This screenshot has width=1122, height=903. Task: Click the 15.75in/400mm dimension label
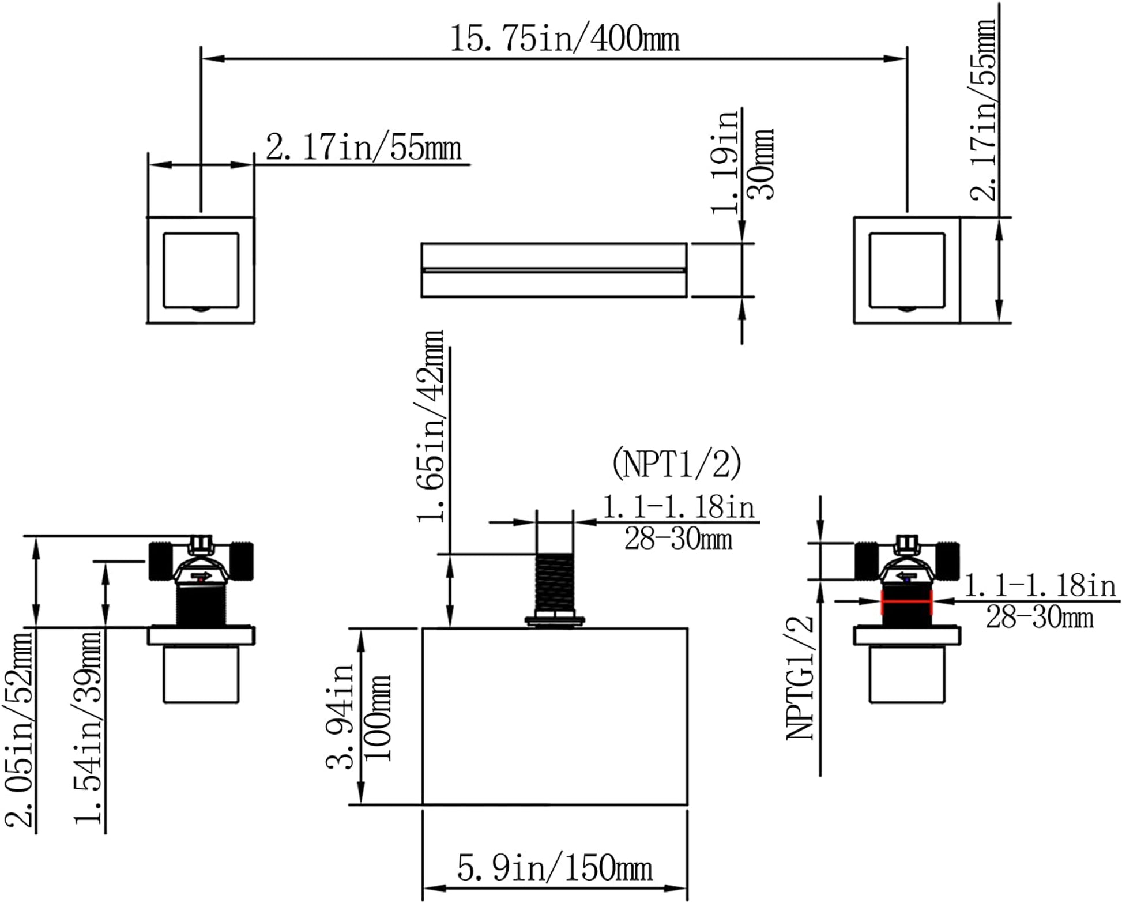tap(564, 39)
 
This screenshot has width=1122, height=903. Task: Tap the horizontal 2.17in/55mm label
tap(363, 148)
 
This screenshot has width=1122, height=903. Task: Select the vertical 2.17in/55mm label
tap(983, 110)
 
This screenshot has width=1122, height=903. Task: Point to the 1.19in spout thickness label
tap(725, 161)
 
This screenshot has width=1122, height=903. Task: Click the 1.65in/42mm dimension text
tap(431, 427)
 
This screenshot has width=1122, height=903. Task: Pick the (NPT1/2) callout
tap(676, 464)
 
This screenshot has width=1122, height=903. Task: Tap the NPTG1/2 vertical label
tap(800, 678)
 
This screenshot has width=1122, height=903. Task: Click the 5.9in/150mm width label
tap(555, 868)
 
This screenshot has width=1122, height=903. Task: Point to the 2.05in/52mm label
tap(18, 729)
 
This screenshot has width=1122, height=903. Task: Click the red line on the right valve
tap(906, 601)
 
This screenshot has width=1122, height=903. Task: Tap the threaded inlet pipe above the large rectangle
tap(555, 582)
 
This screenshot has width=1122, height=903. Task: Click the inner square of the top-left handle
tap(201, 270)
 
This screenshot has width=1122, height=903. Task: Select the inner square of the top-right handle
tap(906, 270)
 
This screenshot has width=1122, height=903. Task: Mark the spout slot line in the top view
tap(554, 269)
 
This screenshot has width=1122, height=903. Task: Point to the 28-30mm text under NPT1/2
tap(678, 540)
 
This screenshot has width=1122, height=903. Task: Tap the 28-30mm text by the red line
tap(1039, 618)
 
